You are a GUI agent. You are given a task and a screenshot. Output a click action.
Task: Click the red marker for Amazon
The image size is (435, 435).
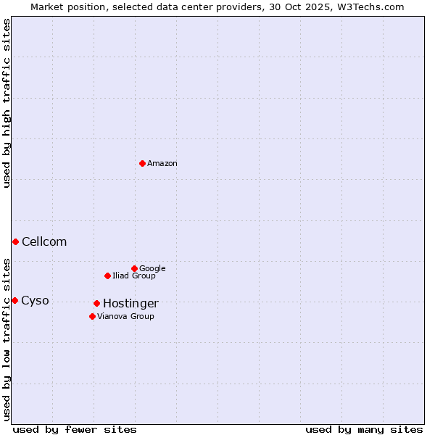(142, 163)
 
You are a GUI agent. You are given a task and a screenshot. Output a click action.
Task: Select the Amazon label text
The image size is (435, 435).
(162, 164)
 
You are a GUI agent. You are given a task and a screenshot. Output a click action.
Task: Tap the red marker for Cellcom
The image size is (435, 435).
(15, 241)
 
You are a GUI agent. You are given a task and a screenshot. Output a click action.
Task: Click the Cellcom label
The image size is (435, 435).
(44, 242)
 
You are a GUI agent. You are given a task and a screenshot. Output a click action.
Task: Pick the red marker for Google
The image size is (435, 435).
(134, 268)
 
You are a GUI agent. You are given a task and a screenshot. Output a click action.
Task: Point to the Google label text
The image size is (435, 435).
(152, 269)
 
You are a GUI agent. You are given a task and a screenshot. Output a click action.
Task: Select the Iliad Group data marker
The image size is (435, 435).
(107, 275)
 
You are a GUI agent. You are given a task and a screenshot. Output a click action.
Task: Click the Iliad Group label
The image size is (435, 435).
(134, 276)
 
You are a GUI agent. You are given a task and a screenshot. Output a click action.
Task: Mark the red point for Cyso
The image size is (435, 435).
(14, 300)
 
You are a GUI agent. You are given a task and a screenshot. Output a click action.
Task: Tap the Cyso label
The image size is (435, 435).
(35, 301)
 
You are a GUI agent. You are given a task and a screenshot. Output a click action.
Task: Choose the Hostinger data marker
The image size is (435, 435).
(96, 303)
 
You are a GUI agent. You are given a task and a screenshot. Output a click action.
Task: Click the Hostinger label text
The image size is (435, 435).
(130, 304)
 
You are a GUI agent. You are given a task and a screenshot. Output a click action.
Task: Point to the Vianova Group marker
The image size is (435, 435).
(92, 316)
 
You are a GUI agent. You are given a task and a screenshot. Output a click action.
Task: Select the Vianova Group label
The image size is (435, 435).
(125, 317)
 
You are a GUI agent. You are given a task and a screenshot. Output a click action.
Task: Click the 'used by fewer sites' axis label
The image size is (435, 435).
(75, 429)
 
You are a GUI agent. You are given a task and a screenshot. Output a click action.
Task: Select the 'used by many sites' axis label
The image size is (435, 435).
(364, 429)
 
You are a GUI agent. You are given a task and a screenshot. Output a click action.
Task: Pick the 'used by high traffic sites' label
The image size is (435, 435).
(7, 103)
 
